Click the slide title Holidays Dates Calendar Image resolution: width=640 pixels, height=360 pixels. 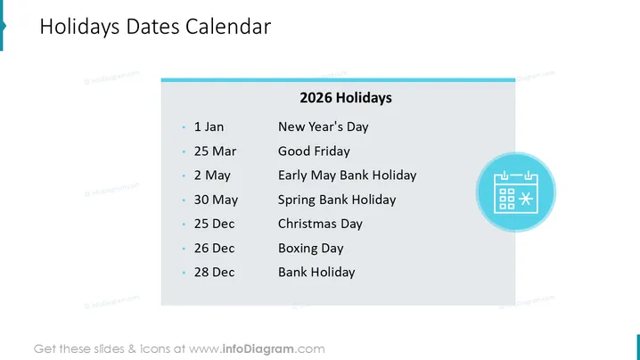(x=155, y=27)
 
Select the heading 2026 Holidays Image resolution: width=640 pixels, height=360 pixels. (x=346, y=98)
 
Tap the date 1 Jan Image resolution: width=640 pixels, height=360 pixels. (x=209, y=127)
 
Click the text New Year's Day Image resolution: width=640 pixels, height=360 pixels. (x=324, y=127)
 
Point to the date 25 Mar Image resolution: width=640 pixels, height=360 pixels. (x=215, y=151)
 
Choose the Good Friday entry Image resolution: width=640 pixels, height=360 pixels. (x=314, y=151)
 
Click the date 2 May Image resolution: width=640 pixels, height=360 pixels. (x=212, y=176)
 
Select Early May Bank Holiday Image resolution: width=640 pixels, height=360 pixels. (x=348, y=176)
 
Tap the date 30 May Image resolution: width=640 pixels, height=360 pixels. (x=216, y=200)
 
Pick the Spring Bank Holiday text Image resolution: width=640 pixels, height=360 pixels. (x=337, y=200)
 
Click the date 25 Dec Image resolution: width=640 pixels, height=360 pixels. (x=214, y=224)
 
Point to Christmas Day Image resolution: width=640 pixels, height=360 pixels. (x=320, y=224)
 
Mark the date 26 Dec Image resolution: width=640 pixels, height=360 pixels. (x=214, y=248)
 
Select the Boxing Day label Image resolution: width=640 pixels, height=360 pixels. (x=311, y=249)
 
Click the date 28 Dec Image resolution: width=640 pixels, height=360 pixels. (x=214, y=273)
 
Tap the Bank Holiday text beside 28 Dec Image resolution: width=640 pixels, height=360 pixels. (x=316, y=273)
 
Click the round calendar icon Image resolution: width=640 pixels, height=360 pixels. (x=515, y=192)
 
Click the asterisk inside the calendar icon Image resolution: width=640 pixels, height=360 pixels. (x=526, y=199)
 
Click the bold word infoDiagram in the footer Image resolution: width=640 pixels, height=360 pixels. (x=258, y=349)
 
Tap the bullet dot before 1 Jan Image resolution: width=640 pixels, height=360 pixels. (x=184, y=127)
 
